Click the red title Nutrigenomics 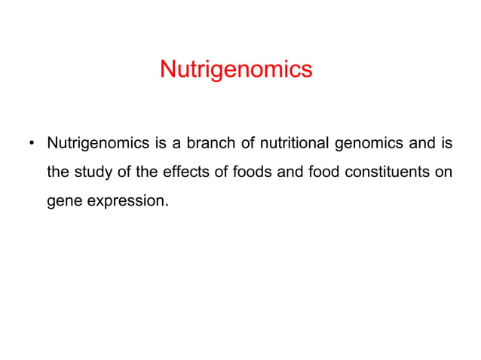pos(236,70)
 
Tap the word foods pos(227,172)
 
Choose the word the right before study pos(57,172)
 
